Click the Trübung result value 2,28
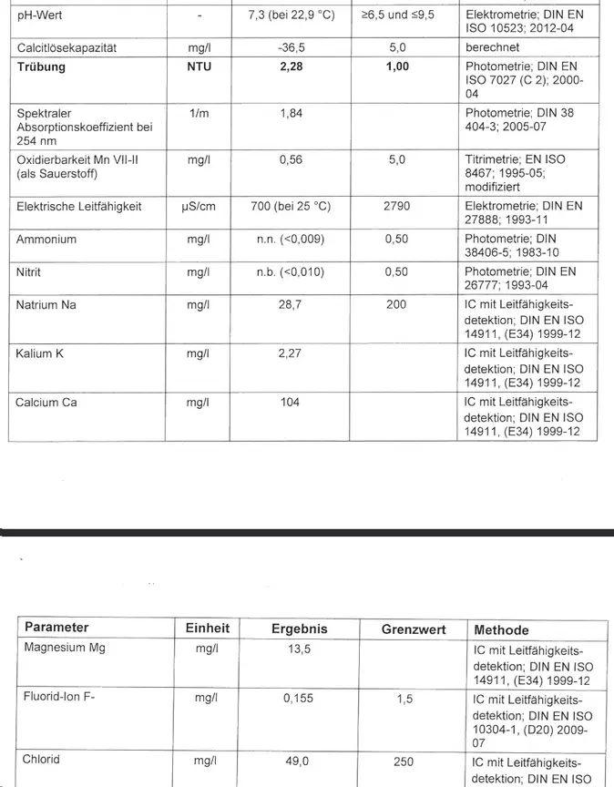(x=289, y=66)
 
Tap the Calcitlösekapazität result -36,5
(x=289, y=46)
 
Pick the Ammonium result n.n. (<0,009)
(x=289, y=240)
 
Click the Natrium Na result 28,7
(x=289, y=305)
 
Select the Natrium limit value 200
(x=396, y=305)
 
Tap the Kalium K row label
(x=41, y=353)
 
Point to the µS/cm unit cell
(x=199, y=207)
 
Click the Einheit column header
(x=208, y=629)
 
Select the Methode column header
(x=501, y=630)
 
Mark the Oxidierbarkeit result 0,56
(x=289, y=158)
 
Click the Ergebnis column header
(x=299, y=629)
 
